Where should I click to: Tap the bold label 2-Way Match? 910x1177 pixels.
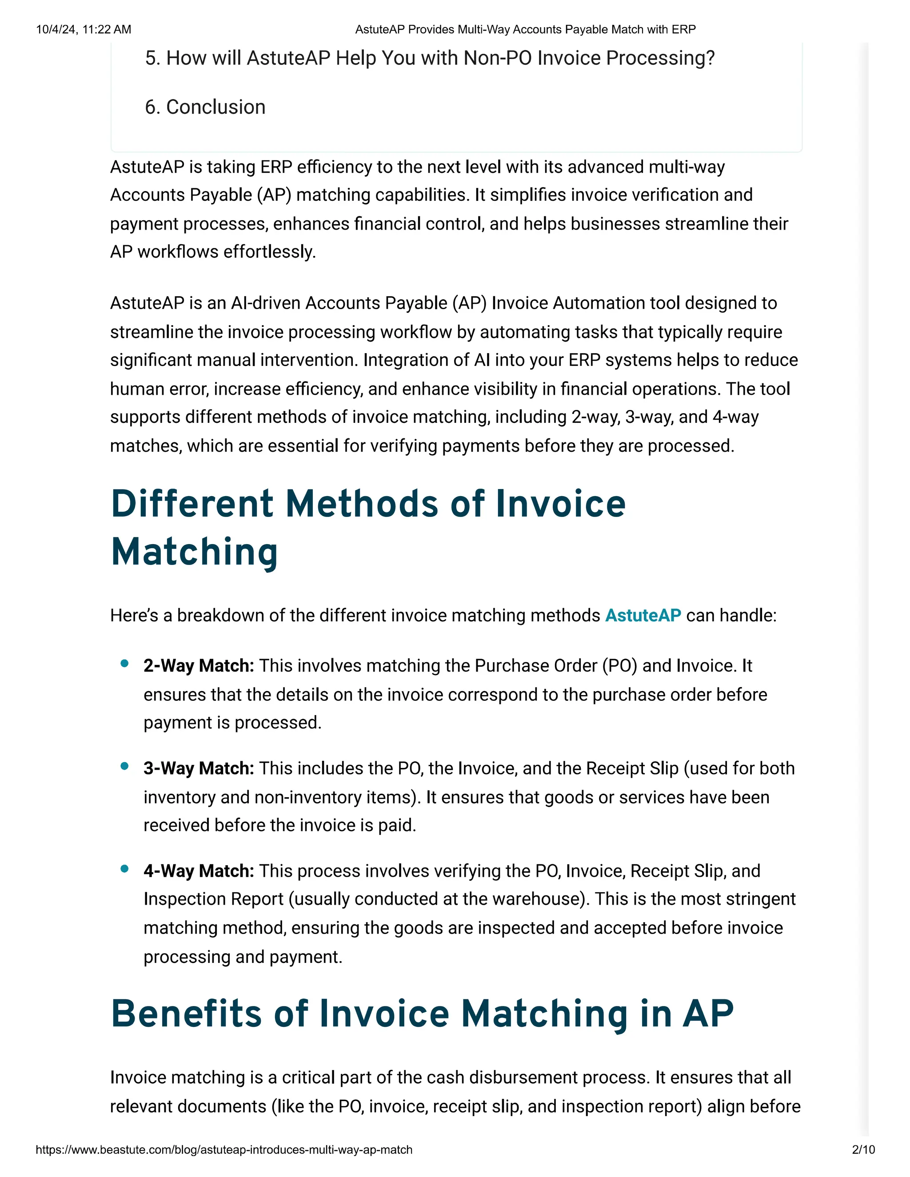click(198, 666)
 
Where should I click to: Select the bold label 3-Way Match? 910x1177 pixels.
click(198, 768)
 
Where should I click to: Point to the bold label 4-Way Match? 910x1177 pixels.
click(198, 871)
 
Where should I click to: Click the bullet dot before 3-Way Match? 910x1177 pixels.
click(124, 766)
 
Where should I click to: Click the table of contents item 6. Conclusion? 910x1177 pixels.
click(205, 107)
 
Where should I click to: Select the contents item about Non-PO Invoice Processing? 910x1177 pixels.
click(429, 58)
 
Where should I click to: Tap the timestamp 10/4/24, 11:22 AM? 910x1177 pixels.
click(84, 29)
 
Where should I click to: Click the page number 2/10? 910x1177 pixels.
click(863, 1149)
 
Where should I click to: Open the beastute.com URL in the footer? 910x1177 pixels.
click(224, 1149)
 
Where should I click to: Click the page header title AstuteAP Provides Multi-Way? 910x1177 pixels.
click(525, 29)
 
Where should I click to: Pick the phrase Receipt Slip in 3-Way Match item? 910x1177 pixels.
click(632, 768)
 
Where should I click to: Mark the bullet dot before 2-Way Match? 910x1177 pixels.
click(124, 664)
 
